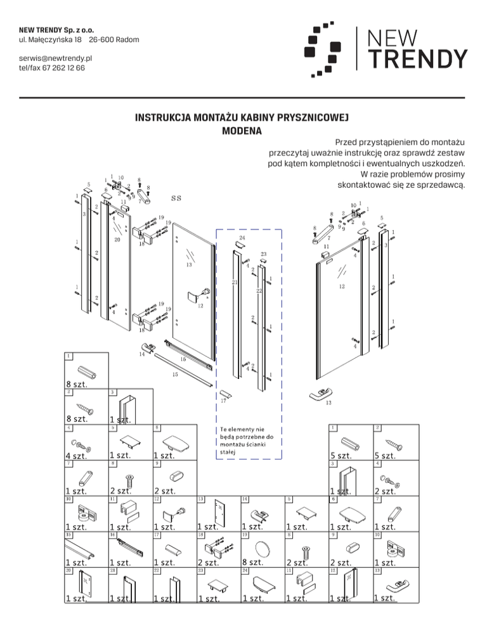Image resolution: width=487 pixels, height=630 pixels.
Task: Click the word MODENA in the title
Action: click(x=243, y=132)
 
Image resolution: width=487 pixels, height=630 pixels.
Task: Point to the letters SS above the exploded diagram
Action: click(x=176, y=198)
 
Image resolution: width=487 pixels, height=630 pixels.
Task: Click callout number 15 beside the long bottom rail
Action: click(x=176, y=374)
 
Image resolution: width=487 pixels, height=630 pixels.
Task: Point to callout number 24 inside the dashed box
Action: click(x=242, y=238)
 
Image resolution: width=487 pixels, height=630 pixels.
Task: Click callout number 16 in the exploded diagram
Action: click(x=183, y=359)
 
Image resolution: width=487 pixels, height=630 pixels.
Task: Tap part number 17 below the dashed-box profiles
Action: click(x=223, y=401)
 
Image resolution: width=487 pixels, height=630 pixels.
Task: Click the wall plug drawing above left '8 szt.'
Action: click(x=87, y=371)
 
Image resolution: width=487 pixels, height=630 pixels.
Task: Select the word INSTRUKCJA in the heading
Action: click(x=164, y=118)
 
